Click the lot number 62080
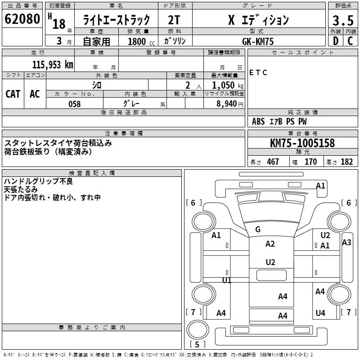point(22,19)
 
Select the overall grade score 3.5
point(342,20)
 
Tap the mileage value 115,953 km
point(53,64)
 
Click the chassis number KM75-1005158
point(302,143)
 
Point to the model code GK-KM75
point(257,41)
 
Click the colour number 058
point(74,103)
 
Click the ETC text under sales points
point(258,72)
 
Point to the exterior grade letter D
point(335,41)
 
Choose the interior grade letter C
point(350,41)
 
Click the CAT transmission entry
point(13,94)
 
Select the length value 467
point(273,162)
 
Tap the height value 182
point(346,162)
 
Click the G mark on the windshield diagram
point(258,229)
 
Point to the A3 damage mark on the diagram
point(346,243)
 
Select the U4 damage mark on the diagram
point(320,313)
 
